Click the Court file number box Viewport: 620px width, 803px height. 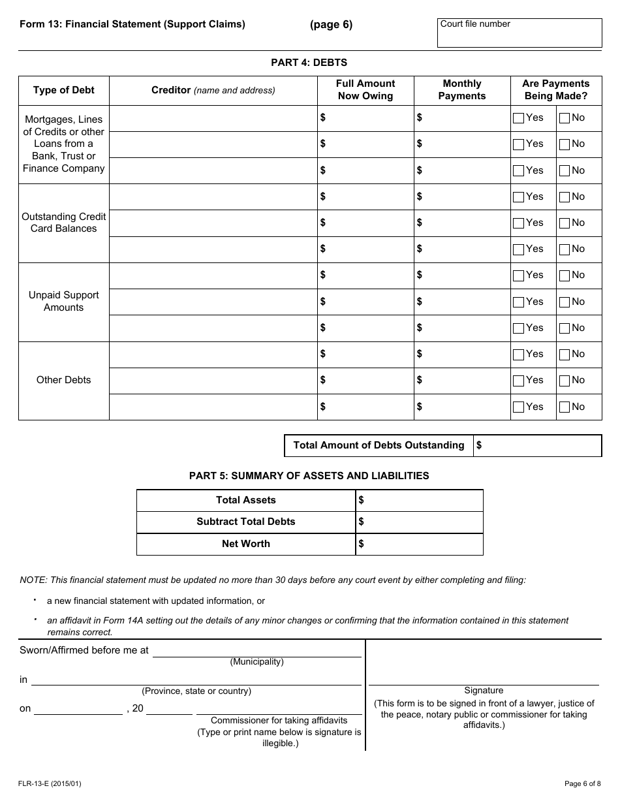[519, 33]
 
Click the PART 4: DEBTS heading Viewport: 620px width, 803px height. [309, 63]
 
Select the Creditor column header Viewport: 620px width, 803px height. [213, 90]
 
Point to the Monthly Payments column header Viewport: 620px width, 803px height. [461, 90]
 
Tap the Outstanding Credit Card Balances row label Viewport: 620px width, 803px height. [63, 223]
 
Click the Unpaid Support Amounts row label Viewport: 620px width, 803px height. [63, 302]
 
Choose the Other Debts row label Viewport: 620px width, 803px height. [63, 380]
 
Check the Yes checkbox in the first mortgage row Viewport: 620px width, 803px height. [518, 118]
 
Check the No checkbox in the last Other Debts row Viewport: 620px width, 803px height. [565, 407]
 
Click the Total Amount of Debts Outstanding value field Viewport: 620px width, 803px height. [538, 446]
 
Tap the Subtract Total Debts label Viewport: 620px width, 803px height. [245, 522]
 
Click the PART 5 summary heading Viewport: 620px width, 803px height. [309, 476]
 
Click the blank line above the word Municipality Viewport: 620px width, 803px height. [256, 652]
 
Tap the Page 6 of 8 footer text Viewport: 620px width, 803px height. [583, 783]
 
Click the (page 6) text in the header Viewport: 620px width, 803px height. [331, 25]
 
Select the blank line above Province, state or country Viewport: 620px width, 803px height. [196, 681]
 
